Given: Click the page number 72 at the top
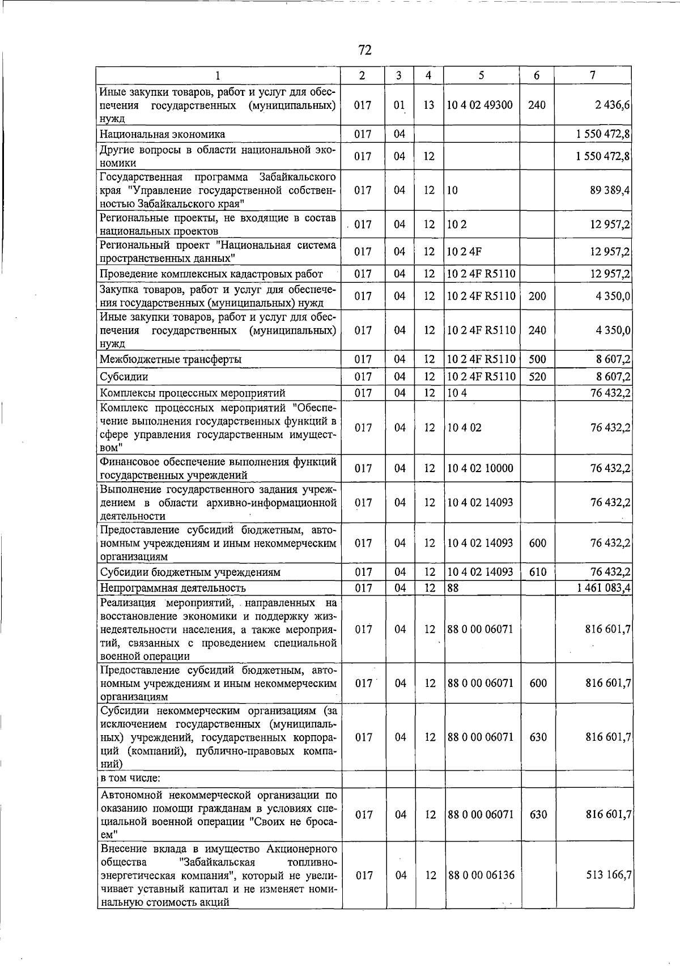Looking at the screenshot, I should coord(365,50).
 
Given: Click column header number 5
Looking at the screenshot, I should coord(481,75).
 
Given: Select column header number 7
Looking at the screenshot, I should coord(592,75).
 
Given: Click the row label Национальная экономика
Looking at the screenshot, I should coord(162,134).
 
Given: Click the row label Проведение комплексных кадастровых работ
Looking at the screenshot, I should coord(211,274).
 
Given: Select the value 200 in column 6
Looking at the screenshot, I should coord(537,296).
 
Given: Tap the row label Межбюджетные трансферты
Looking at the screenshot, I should coord(171,359).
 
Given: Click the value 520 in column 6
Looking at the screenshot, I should coord(537,376).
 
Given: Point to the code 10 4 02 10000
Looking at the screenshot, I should coord(480,468).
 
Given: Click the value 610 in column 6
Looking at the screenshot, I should coord(537,572).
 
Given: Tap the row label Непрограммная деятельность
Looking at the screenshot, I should coord(173,588).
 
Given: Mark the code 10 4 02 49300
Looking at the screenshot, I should coord(479,105).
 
